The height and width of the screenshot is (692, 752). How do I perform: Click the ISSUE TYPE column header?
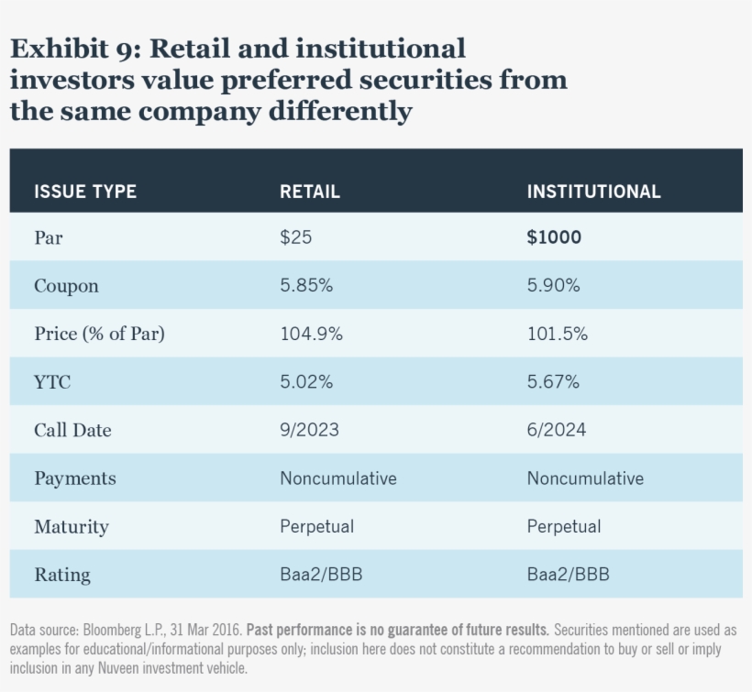point(85,192)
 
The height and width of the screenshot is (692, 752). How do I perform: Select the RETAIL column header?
point(309,192)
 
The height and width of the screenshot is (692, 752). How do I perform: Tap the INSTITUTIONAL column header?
point(593,192)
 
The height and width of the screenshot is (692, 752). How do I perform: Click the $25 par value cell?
point(295,237)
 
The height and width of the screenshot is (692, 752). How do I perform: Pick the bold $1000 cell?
point(554,237)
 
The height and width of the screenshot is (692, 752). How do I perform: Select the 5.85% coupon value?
point(306,286)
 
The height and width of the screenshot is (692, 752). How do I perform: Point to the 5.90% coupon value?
point(553,286)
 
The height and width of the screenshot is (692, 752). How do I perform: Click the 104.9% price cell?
point(311,335)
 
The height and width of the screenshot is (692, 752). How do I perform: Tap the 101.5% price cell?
point(557,335)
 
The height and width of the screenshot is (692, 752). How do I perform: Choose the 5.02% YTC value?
point(306,382)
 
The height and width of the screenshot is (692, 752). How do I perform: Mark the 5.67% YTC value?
point(553,382)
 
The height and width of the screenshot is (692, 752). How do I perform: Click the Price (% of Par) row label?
point(99,335)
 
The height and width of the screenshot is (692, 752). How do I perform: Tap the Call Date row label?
point(72,431)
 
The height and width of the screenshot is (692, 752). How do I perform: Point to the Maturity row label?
point(71,527)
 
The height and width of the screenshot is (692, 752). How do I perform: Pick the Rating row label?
point(62,576)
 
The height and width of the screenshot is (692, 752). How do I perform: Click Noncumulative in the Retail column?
point(337,478)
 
